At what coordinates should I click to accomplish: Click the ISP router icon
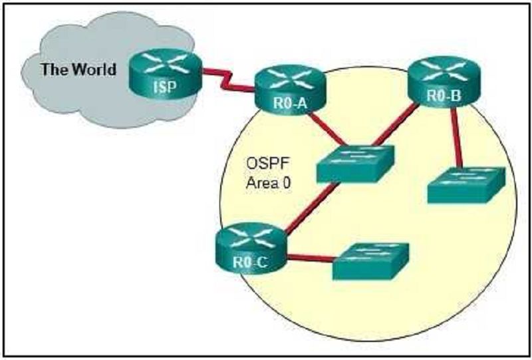pyautogui.click(x=165, y=74)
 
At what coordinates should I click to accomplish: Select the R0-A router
pyautogui.click(x=290, y=90)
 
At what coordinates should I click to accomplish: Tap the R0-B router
pyautogui.click(x=444, y=81)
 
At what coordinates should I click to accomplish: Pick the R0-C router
pyautogui.click(x=251, y=248)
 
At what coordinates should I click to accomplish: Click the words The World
pyautogui.click(x=78, y=70)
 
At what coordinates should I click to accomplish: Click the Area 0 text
pyautogui.click(x=269, y=183)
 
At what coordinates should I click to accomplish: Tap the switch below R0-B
pyautogui.click(x=466, y=185)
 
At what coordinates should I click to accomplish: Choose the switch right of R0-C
pyautogui.click(x=371, y=261)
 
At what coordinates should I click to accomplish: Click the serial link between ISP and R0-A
pyautogui.click(x=228, y=81)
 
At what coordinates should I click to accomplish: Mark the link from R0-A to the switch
pyautogui.click(x=327, y=129)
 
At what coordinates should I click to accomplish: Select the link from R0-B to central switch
pyautogui.click(x=395, y=125)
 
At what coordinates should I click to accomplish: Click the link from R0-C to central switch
pyautogui.click(x=313, y=208)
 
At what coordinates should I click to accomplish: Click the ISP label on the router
pyautogui.click(x=165, y=87)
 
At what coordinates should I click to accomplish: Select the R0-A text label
pyautogui.click(x=290, y=103)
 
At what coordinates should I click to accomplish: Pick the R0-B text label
pyautogui.click(x=444, y=95)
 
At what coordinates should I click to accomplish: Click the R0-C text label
pyautogui.click(x=251, y=262)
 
